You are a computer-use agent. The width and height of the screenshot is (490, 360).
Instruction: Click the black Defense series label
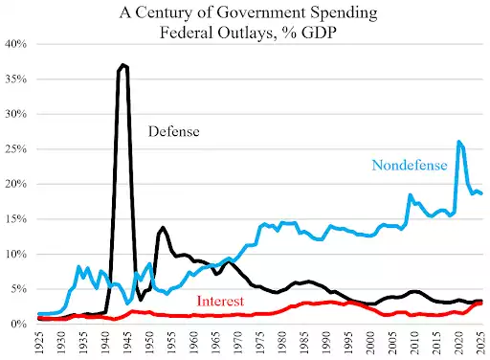click(172, 131)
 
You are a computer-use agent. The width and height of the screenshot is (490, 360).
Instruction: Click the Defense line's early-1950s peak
click(163, 228)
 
